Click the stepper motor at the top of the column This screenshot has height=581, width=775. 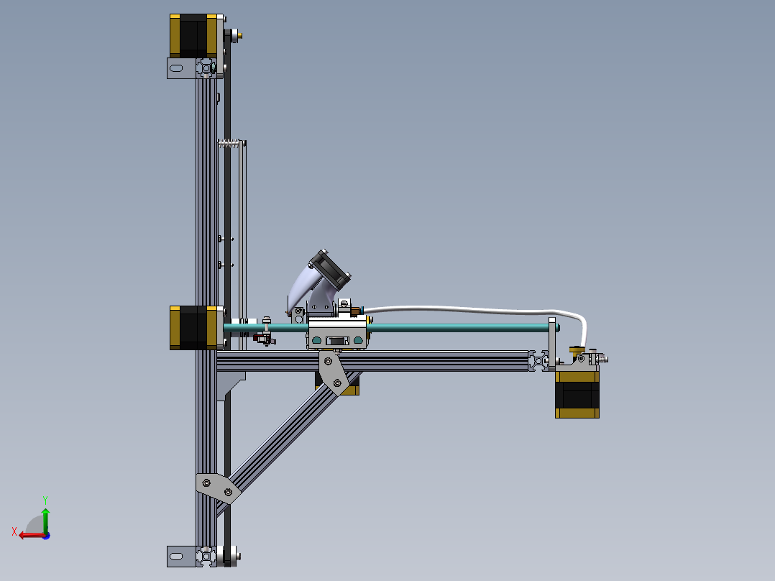pos(193,36)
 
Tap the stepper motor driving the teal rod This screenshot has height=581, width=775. pos(193,327)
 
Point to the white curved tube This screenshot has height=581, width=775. pos(467,310)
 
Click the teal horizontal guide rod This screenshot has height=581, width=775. pos(460,327)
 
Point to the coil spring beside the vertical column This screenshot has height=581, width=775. pos(229,142)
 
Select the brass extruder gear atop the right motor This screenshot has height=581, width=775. pos(576,350)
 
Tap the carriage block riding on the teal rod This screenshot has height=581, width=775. pos(337,335)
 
